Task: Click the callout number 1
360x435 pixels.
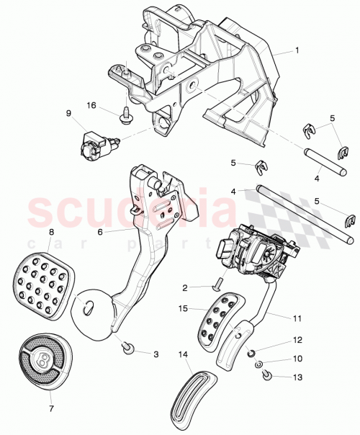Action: [x=295, y=52]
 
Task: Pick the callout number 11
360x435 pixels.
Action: [x=296, y=316]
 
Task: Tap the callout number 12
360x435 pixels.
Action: [x=295, y=339]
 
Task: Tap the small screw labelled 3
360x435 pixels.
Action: [x=127, y=348]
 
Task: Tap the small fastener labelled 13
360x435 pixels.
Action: [x=265, y=375]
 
